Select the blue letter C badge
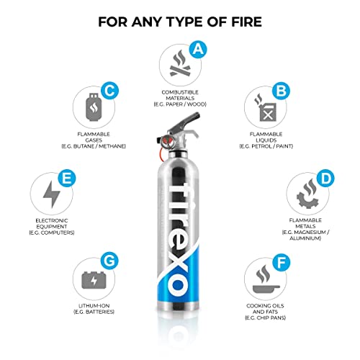point(109,91)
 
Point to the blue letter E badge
point(67,176)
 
